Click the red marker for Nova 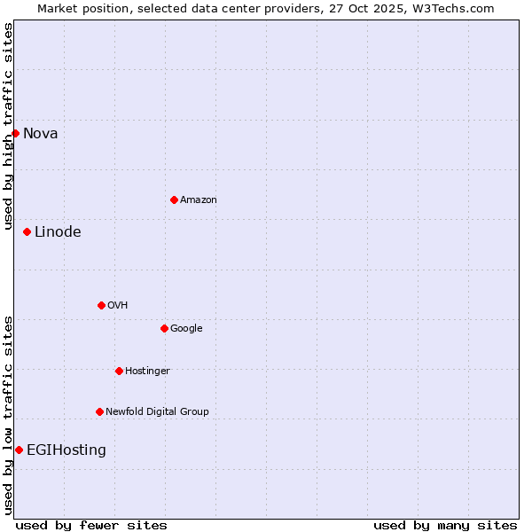coord(15,133)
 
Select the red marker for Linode coord(27,231)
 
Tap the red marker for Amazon coord(174,199)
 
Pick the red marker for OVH coord(101,305)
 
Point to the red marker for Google coord(164,328)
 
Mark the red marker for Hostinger coord(119,371)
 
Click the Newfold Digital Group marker coord(99,411)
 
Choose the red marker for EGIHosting coord(19,450)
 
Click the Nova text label coord(41,134)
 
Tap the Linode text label coord(58,232)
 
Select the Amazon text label coord(199,200)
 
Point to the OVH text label coord(118,306)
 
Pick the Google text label coord(186,329)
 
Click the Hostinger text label coord(147,372)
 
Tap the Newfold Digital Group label coord(157,412)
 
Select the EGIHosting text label coord(66,450)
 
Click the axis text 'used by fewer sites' coord(91,525)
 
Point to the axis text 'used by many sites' coord(445,525)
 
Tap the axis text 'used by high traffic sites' coord(8,126)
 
